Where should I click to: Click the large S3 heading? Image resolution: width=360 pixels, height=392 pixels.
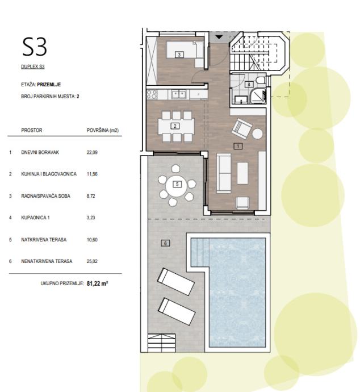pyautogui.click(x=35, y=47)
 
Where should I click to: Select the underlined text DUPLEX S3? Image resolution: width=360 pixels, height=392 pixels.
pyautogui.click(x=33, y=66)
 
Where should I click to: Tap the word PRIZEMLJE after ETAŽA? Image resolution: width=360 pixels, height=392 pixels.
pyautogui.click(x=49, y=85)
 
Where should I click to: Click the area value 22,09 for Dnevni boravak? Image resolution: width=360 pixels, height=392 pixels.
pyautogui.click(x=92, y=152)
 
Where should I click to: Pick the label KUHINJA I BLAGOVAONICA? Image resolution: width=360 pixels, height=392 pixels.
pyautogui.click(x=49, y=174)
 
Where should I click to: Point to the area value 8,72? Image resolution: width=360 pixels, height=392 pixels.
pyautogui.click(x=91, y=196)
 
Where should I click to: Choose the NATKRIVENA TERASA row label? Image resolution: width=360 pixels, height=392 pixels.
pyautogui.click(x=44, y=240)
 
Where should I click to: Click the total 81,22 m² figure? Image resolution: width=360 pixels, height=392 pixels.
pyautogui.click(x=97, y=283)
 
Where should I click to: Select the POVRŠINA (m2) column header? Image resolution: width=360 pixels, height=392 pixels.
pyautogui.click(x=103, y=130)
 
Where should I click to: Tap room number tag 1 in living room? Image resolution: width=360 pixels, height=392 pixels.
pyautogui.click(x=238, y=146)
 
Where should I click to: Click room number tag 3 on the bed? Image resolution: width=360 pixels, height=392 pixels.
pyautogui.click(x=179, y=55)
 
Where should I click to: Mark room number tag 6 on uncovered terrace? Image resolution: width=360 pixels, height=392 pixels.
pyautogui.click(x=165, y=243)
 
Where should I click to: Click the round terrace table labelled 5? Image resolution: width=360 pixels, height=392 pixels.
pyautogui.click(x=177, y=185)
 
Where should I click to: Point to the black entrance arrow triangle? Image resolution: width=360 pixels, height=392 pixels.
pyautogui.click(x=219, y=37)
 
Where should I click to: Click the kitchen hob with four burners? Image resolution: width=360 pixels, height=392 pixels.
pyautogui.click(x=152, y=94)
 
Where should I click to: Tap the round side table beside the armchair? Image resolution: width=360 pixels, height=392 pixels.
pyautogui.click(x=257, y=134)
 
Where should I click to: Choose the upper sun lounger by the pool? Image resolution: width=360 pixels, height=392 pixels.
pyautogui.click(x=175, y=282)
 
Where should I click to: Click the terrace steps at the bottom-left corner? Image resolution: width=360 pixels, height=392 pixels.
pyautogui.click(x=162, y=343)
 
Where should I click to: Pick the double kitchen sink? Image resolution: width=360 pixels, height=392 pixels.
pyautogui.click(x=179, y=94)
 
